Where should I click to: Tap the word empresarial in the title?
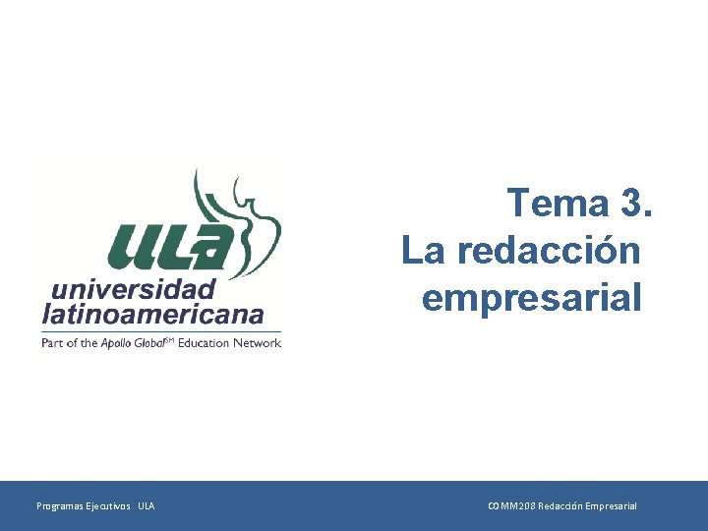click(532, 296)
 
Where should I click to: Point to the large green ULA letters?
click(173, 246)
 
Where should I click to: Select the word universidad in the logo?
click(132, 290)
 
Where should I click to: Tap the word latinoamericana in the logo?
click(152, 315)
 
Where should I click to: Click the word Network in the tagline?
click(258, 343)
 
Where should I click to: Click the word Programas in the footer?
click(59, 506)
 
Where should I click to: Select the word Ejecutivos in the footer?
click(107, 506)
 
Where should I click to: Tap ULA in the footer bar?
click(146, 506)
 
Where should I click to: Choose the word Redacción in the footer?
click(560, 506)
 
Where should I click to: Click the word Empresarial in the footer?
click(611, 506)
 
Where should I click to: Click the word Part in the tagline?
click(51, 343)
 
